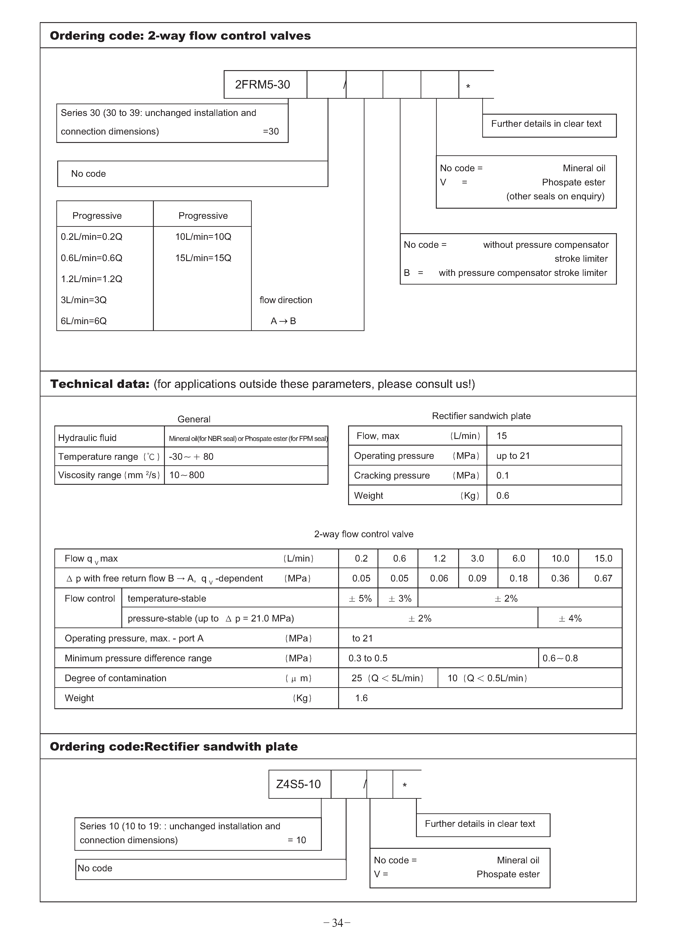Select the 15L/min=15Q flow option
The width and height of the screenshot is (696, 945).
(x=203, y=258)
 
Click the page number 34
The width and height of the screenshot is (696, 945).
(x=337, y=923)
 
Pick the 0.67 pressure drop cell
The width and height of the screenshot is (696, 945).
(x=603, y=579)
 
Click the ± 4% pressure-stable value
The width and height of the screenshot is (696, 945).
(x=570, y=619)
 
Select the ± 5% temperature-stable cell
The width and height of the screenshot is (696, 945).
(x=360, y=599)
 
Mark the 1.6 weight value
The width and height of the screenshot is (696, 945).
(x=361, y=698)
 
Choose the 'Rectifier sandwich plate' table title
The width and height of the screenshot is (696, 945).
(x=481, y=416)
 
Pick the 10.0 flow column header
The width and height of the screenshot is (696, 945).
(x=560, y=559)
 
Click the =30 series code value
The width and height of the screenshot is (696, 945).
(x=271, y=132)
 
